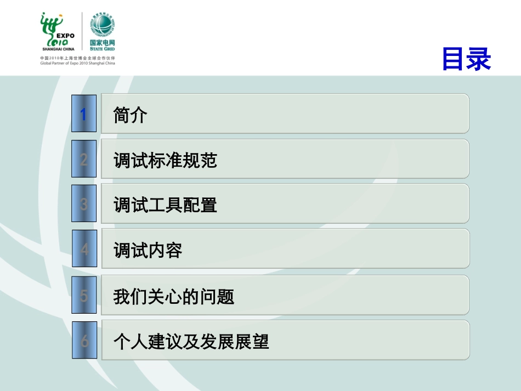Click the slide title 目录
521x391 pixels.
tap(466, 60)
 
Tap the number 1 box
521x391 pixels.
tap(84, 114)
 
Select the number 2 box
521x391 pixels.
tap(84, 159)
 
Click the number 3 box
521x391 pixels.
tap(84, 204)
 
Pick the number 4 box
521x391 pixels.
tap(84, 250)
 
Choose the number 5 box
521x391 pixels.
tap(84, 296)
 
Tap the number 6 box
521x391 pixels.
tap(84, 341)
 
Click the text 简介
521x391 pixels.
tap(131, 115)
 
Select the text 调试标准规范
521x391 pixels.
tap(166, 160)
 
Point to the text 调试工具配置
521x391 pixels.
tap(166, 205)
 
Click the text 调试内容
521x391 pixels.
tap(148, 251)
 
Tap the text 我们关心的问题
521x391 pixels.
tap(174, 297)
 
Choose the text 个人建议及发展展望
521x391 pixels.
tap(191, 342)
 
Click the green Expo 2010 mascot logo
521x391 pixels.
tap(52, 27)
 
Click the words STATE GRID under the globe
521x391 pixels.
tap(103, 49)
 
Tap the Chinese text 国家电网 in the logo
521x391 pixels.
tap(103, 42)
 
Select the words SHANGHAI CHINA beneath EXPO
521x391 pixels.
tap(58, 48)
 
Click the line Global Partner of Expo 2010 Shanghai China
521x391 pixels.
tap(77, 63)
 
